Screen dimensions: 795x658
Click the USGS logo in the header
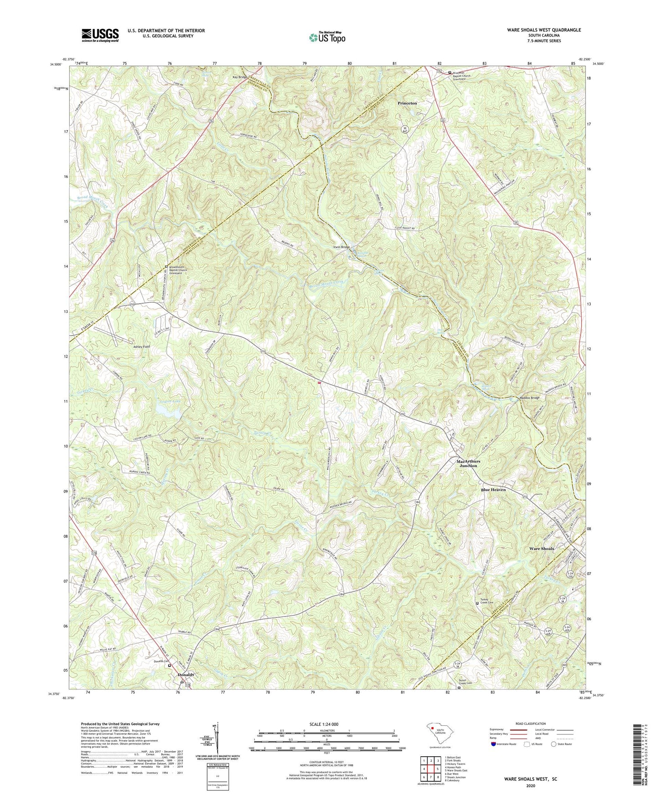click(x=100, y=35)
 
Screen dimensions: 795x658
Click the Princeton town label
click(x=407, y=103)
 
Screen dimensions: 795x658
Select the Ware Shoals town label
click(x=541, y=549)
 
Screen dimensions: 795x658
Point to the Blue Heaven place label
click(x=494, y=490)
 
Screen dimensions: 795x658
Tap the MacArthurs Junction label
click(x=468, y=464)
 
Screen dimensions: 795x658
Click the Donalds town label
click(x=186, y=675)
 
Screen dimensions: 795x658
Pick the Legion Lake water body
click(x=163, y=409)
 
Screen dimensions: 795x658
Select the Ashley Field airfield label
click(x=141, y=347)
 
